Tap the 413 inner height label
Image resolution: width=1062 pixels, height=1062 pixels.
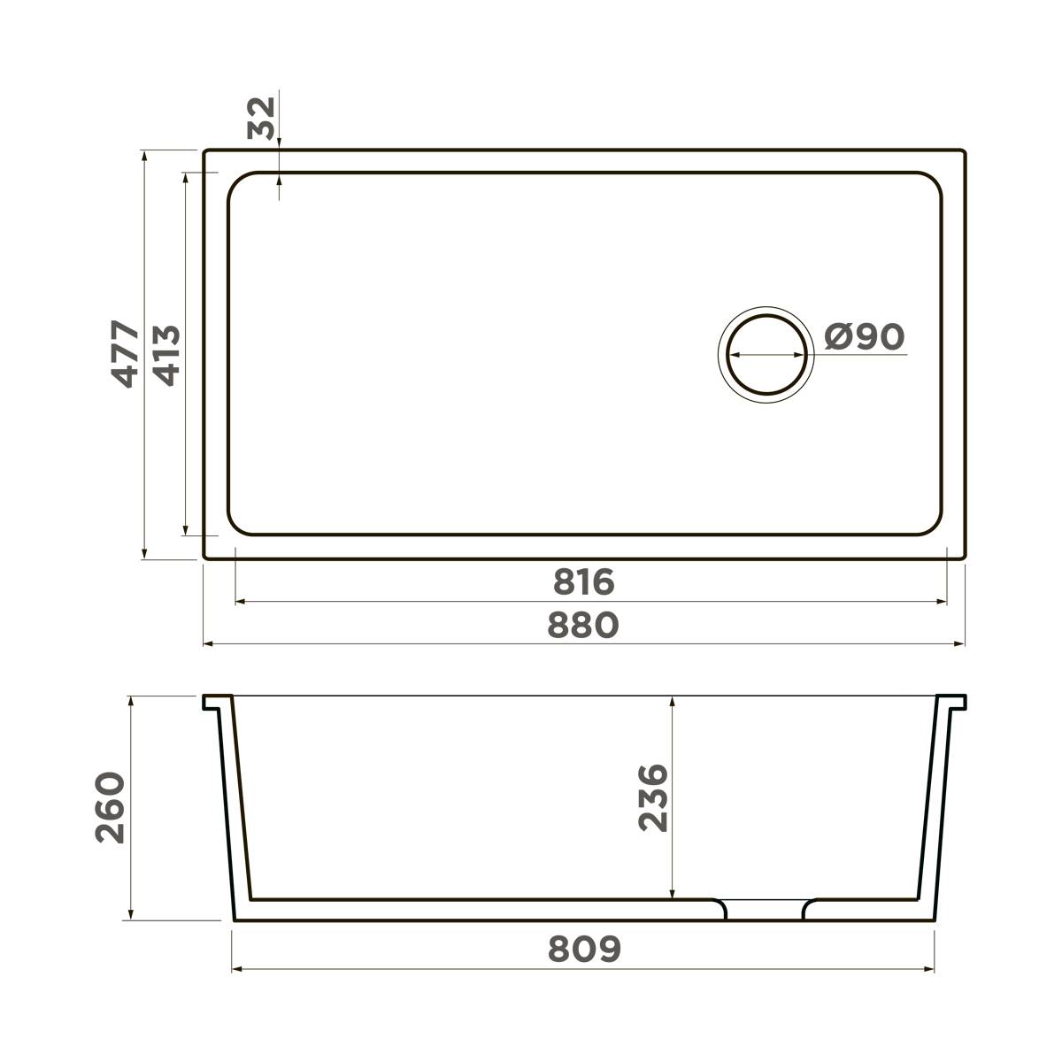click(166, 355)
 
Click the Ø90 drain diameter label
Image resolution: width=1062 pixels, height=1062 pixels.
click(864, 336)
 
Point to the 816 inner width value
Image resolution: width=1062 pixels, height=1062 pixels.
click(584, 582)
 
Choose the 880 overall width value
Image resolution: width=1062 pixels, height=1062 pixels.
click(583, 625)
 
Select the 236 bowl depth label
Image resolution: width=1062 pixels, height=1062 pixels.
click(653, 797)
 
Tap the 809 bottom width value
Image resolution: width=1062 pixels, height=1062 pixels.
click(584, 950)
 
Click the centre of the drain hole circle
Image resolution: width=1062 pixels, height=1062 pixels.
click(766, 354)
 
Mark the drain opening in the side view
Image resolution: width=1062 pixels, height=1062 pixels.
click(766, 910)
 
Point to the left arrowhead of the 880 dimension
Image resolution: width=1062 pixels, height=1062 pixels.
click(209, 644)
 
